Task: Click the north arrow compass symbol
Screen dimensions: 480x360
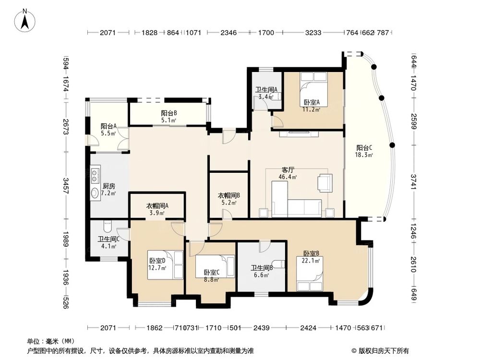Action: [25, 20]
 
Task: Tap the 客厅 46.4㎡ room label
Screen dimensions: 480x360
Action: [288, 173]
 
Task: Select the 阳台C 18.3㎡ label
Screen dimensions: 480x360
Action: [364, 151]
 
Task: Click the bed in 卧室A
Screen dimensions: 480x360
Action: [313, 89]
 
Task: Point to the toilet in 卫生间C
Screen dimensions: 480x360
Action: [108, 227]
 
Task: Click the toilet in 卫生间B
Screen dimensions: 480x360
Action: [278, 264]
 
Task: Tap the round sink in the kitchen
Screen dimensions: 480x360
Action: [95, 193]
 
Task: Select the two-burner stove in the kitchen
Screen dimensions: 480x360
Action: [95, 175]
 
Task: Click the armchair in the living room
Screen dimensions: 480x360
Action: [325, 183]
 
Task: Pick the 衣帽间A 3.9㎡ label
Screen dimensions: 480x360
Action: [157, 209]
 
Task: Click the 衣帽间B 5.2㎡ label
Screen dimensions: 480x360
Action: [228, 199]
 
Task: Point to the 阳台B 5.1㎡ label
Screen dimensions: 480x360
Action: [169, 117]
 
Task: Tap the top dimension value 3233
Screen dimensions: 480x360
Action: [313, 33]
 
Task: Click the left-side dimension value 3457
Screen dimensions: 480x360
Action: [66, 186]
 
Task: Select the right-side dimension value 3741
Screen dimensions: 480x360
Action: [413, 182]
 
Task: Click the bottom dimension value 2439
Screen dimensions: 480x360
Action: [262, 328]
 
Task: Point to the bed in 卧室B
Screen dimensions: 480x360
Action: [310, 274]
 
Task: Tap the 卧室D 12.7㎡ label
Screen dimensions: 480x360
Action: [157, 264]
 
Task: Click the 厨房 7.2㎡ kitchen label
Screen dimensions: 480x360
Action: [108, 190]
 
